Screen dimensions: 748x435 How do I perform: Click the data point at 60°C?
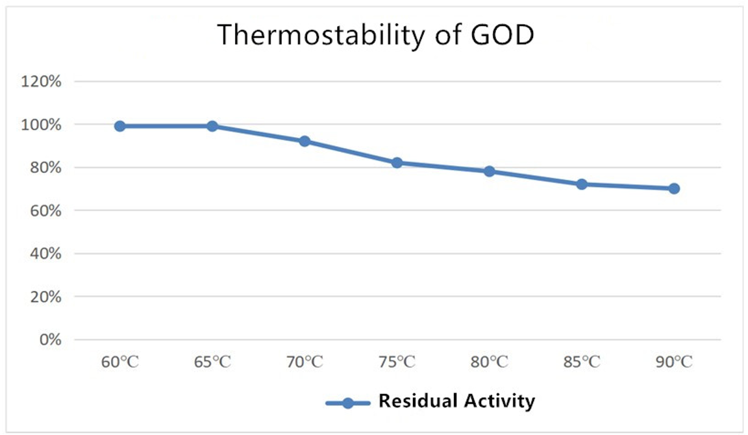pos(119,127)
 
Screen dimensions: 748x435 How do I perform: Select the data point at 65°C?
pos(212,127)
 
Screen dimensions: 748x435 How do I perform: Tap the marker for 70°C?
pos(305,141)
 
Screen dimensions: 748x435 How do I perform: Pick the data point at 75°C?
pos(397,163)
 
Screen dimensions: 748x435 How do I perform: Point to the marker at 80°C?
pos(490,171)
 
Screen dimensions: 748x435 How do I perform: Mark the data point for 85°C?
pos(582,184)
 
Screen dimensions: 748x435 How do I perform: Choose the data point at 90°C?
pos(674,189)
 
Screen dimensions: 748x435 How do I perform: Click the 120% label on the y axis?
pos(41,82)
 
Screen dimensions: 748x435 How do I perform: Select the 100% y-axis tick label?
pos(41,125)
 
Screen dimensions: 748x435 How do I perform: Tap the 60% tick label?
pos(46,211)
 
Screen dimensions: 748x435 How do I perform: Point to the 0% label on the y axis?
pos(50,340)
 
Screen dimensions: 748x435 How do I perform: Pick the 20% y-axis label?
pos(46,297)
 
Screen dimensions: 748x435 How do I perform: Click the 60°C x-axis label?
pos(119,362)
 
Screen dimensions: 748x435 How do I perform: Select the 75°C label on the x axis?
pos(397,362)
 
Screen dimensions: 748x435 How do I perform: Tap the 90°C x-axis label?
pos(674,362)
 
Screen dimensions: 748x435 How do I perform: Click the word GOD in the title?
pos(503,35)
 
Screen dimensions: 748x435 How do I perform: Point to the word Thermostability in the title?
pos(321,35)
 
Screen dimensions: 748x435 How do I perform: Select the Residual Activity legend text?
pos(456,401)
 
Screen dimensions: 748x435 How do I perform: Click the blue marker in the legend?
pos(348,404)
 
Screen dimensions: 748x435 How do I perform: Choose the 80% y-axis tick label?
pos(46,168)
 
